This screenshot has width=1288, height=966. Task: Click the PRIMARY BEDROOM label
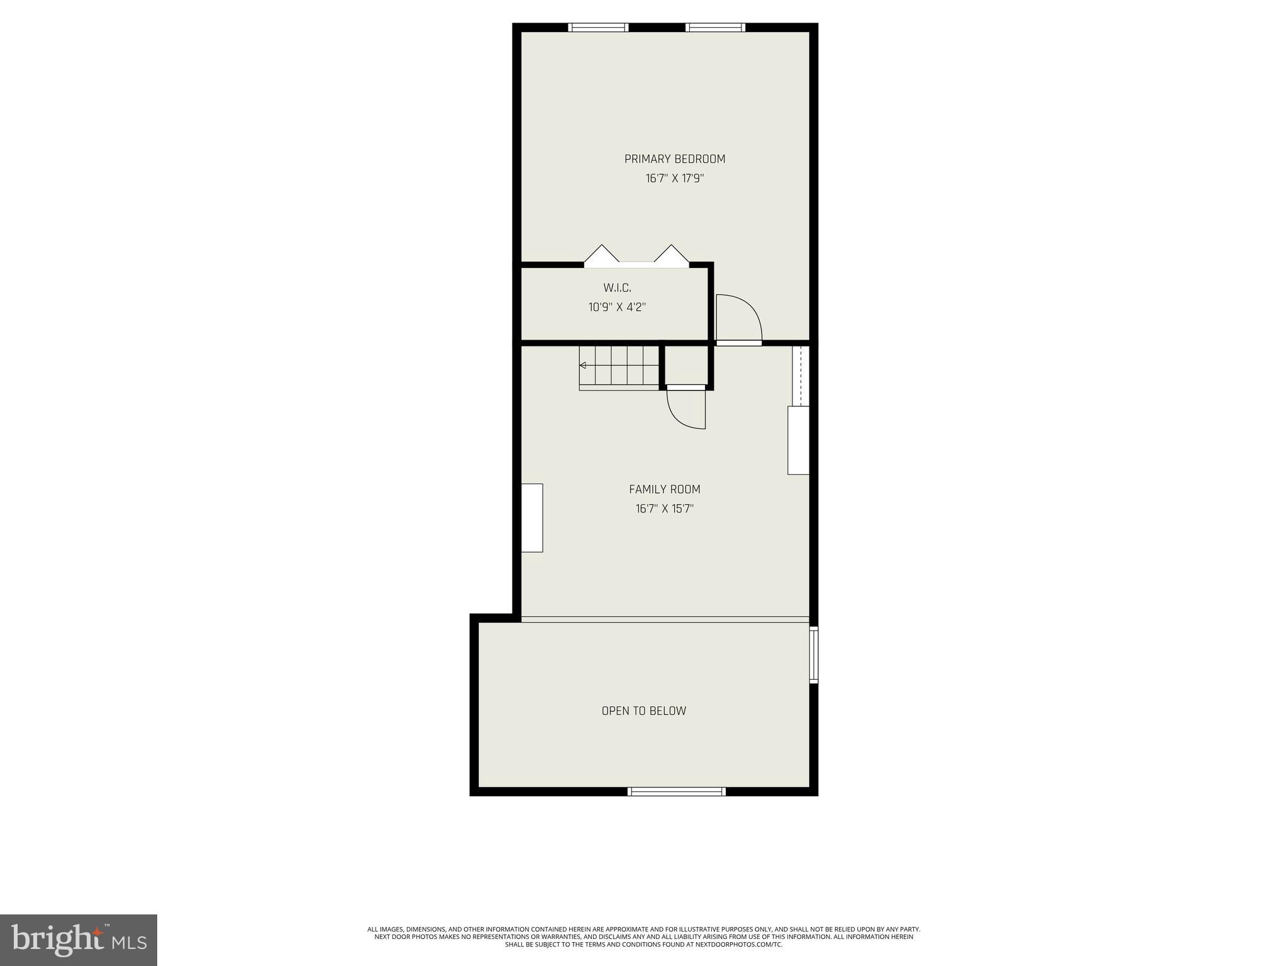674,159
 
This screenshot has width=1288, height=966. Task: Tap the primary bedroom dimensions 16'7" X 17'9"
674,179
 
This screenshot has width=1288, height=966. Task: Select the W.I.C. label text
617,288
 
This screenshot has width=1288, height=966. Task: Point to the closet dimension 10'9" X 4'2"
617,308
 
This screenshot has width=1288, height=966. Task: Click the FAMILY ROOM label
664,489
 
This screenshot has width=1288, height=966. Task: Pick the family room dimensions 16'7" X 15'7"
664,509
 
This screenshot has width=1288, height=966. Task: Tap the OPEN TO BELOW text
643,711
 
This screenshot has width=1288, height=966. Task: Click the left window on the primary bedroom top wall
598,27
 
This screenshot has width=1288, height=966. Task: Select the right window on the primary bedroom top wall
715,27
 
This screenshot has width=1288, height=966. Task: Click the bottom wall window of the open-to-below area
677,792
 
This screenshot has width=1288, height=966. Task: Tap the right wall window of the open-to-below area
813,654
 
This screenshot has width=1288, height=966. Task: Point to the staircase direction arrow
583,365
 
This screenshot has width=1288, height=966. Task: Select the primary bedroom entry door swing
738,319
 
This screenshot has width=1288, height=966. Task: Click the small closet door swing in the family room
687,409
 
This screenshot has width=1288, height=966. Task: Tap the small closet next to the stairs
686,365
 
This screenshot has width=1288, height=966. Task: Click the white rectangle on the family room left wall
532,518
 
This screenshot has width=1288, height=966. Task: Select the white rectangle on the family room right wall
798,440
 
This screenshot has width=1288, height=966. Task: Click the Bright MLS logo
79,940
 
